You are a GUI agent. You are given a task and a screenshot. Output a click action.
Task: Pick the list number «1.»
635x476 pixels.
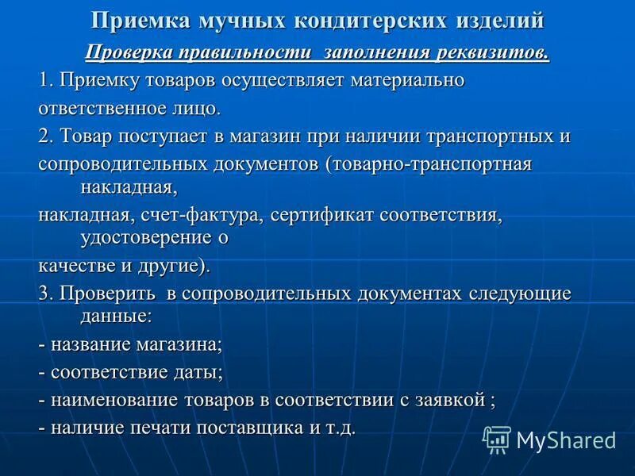(45, 80)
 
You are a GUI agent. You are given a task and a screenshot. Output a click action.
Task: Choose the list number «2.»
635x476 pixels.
(45, 135)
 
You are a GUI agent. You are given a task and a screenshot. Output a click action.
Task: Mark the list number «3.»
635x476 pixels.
(45, 293)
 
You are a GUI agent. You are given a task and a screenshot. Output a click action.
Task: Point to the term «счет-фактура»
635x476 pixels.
(212, 215)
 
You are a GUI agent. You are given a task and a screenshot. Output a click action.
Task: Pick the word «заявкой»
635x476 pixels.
(446, 399)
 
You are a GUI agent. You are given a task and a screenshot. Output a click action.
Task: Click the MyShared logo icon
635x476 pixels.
(497, 440)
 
